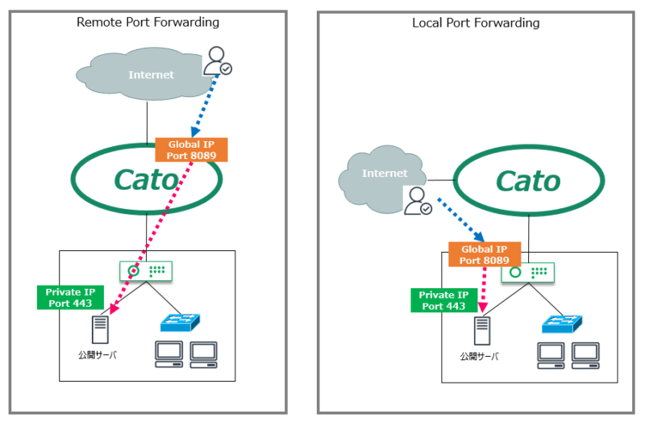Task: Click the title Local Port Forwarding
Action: click(476, 23)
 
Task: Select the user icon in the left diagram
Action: click(218, 61)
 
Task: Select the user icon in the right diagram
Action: click(418, 202)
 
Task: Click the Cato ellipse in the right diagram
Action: click(529, 181)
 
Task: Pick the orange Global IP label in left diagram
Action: click(191, 149)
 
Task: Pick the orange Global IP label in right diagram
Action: click(484, 255)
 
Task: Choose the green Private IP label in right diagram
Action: click(443, 300)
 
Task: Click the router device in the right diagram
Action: click(528, 274)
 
